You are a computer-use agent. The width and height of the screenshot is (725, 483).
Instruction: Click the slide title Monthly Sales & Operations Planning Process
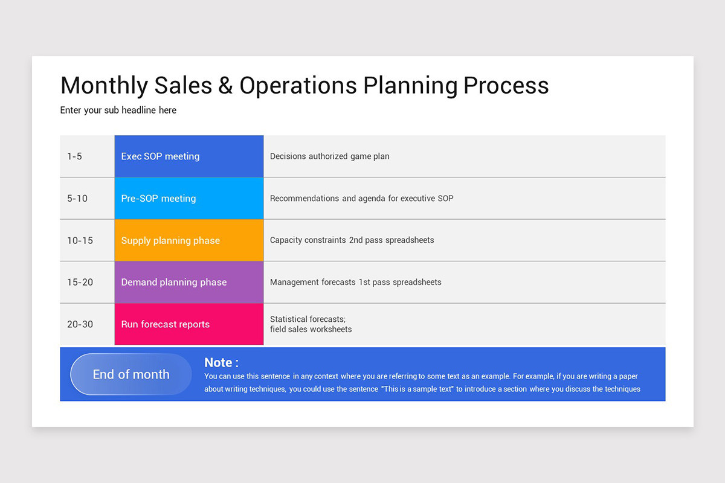(x=304, y=86)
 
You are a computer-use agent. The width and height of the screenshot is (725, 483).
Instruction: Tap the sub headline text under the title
(x=118, y=110)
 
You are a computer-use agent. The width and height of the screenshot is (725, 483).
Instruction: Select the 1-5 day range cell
(x=75, y=156)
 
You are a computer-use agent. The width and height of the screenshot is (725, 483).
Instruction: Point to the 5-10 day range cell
(x=77, y=199)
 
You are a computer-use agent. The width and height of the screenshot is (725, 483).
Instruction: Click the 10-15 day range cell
(x=80, y=240)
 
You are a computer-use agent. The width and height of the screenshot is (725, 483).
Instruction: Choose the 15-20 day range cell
(x=80, y=283)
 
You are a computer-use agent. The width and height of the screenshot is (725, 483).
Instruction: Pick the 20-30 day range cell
(x=80, y=324)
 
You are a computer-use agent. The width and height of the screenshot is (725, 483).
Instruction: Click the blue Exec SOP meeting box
(x=188, y=156)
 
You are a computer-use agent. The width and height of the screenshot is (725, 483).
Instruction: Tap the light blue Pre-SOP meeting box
(x=188, y=199)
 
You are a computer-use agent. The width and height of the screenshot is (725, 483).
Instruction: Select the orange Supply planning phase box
(x=188, y=240)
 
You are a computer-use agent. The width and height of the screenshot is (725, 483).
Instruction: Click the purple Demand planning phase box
(x=188, y=283)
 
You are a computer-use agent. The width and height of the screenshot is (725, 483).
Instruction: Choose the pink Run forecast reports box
(x=188, y=324)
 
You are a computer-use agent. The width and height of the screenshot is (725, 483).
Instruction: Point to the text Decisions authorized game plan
(x=329, y=156)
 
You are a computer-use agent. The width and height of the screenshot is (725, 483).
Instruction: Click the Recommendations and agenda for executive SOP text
(x=361, y=199)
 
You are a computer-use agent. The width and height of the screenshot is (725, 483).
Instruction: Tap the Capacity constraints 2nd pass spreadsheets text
(x=352, y=240)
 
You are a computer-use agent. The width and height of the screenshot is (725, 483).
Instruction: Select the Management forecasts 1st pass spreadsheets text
(x=355, y=283)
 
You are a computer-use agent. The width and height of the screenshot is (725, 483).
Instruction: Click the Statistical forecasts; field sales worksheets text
(x=311, y=324)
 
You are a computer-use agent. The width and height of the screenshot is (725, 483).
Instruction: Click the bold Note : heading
(x=221, y=362)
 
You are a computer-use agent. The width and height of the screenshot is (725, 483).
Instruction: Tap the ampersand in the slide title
(x=225, y=86)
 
